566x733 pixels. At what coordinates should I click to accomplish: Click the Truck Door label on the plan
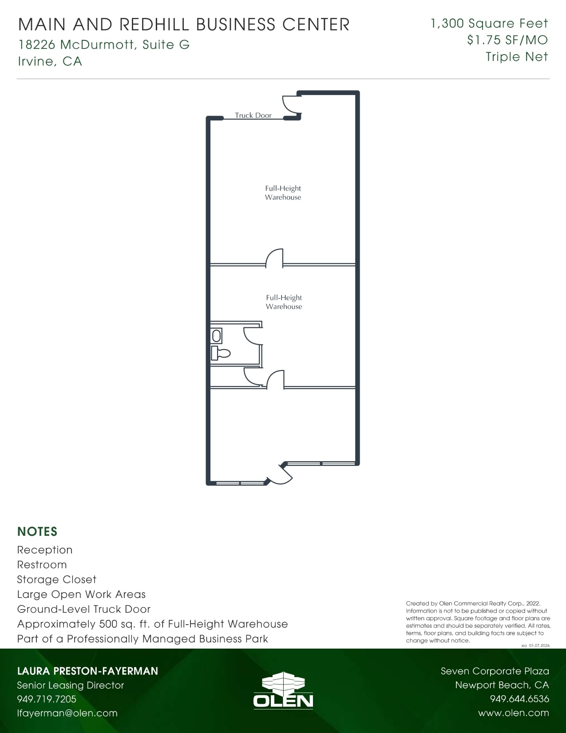253,116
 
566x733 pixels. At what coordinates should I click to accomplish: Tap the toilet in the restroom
221,354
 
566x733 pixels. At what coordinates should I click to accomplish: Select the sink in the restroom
216,336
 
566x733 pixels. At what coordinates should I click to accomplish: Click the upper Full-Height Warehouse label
283,193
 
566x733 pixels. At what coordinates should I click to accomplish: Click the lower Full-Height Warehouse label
284,302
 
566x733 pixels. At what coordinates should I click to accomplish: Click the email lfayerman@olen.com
67,713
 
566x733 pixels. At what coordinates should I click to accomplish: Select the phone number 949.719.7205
47,699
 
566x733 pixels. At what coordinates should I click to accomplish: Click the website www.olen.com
514,713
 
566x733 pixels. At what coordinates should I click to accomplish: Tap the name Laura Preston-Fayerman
87,671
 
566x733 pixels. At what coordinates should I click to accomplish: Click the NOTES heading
37,532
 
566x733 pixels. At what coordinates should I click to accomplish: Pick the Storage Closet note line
56,580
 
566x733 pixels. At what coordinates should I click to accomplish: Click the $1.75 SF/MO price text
507,40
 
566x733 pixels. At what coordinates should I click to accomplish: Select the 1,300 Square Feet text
489,24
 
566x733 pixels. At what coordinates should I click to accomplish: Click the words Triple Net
517,57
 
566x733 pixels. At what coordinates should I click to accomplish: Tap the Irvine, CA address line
50,61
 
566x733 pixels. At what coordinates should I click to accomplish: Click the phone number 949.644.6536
519,699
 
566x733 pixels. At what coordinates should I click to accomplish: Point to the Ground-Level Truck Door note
84,610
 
